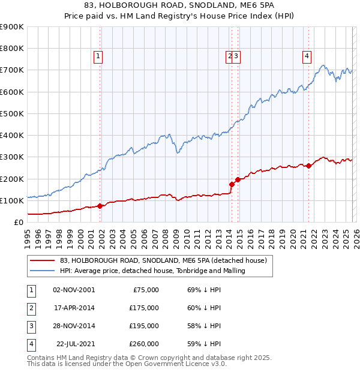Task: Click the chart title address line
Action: tap(180, 5)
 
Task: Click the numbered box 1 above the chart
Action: tap(98, 56)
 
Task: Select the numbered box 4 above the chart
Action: tap(307, 56)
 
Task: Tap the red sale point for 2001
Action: tap(100, 206)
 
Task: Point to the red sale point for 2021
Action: tap(308, 166)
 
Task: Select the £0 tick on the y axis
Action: tap(17, 222)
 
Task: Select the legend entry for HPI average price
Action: tap(152, 271)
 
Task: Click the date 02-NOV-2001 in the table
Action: tap(74, 290)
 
